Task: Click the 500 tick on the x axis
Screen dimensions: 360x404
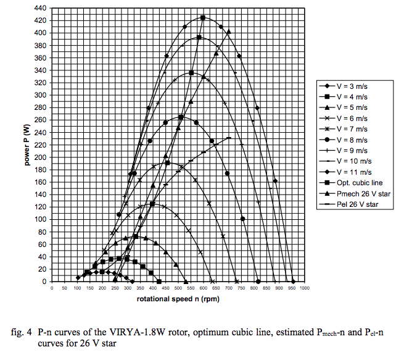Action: coord(178,289)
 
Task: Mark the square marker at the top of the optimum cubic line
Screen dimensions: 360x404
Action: coord(203,18)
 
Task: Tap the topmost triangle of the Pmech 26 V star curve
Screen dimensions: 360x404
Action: coord(228,31)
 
